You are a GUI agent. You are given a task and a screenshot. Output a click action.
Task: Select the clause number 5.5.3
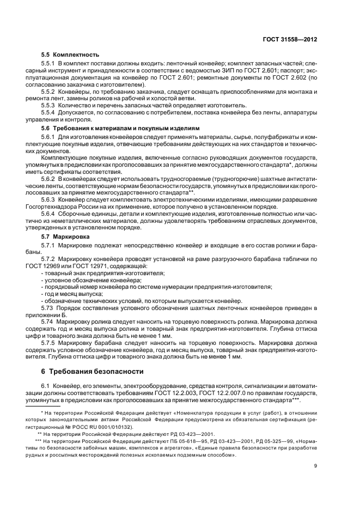pos(49,105)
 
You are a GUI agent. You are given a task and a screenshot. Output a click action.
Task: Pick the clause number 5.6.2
pos(49,178)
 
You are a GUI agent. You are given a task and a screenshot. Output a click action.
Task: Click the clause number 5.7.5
pos(49,344)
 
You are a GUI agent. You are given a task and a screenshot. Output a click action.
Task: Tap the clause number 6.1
pos(45,386)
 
